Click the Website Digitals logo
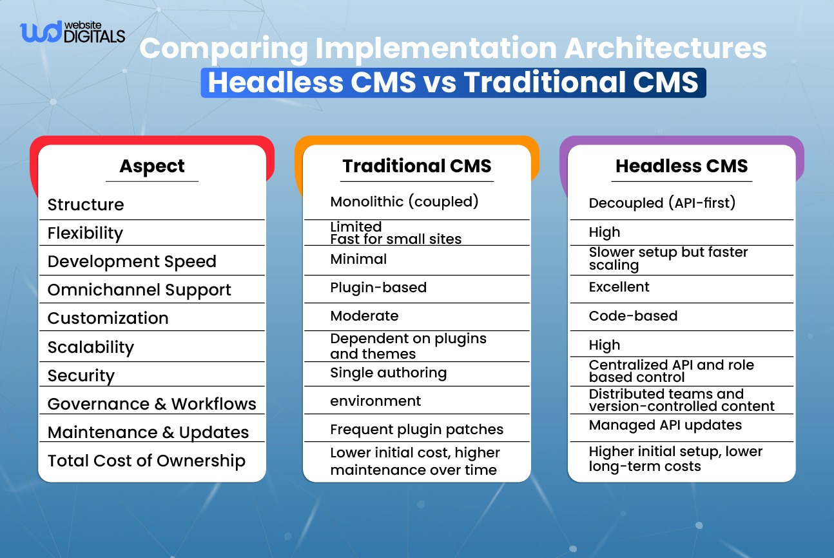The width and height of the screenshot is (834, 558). (x=72, y=32)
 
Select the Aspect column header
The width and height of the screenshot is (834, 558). (x=152, y=166)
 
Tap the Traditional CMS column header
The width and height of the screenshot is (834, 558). (x=417, y=166)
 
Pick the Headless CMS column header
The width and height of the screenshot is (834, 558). (x=681, y=166)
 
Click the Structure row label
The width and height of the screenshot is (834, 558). (x=86, y=204)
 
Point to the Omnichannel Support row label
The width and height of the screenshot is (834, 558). (x=139, y=290)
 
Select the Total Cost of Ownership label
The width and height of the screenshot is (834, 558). (x=146, y=461)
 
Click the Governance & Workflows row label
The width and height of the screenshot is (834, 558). (x=152, y=404)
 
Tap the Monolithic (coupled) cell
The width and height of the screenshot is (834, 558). (x=404, y=201)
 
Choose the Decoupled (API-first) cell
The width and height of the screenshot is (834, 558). (x=662, y=203)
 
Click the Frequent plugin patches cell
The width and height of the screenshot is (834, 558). (x=416, y=430)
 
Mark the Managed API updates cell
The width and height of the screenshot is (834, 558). (x=665, y=425)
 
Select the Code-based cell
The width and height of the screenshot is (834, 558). (x=633, y=315)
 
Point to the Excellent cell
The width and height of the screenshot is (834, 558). (x=619, y=287)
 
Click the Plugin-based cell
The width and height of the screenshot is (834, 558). (x=378, y=287)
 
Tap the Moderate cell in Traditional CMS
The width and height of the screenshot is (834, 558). (x=364, y=315)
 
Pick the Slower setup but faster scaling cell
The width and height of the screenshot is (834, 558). (x=668, y=258)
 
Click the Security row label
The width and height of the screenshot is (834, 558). (x=81, y=375)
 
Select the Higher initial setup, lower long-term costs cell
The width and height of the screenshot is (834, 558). (x=675, y=459)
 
